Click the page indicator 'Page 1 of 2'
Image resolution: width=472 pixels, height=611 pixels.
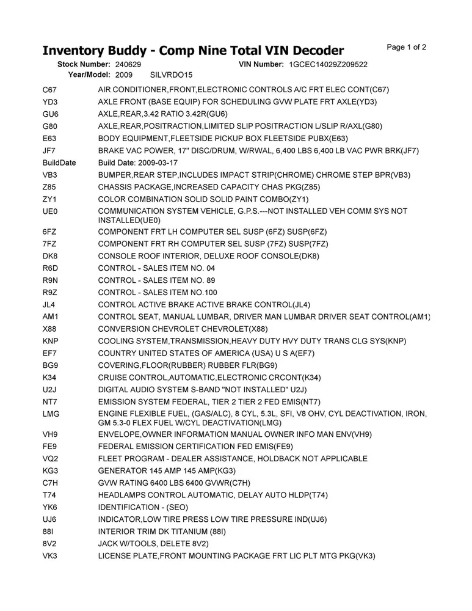407,47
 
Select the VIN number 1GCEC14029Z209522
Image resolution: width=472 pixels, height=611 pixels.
329,64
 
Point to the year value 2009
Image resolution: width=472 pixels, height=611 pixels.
124,75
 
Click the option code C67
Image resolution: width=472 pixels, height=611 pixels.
50,90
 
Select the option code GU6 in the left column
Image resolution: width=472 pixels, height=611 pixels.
50,114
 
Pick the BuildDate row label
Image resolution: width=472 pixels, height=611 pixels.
59,163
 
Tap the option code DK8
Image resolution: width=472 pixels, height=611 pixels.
51,256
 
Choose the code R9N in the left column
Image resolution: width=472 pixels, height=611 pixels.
51,280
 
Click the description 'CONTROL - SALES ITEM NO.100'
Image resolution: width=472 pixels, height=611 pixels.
158,292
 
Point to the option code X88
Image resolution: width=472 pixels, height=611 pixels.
51,328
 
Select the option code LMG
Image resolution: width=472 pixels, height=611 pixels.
51,414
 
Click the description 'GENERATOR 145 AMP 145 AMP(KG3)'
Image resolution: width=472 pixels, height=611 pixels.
167,470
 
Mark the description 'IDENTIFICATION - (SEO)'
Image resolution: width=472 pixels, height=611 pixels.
143,507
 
